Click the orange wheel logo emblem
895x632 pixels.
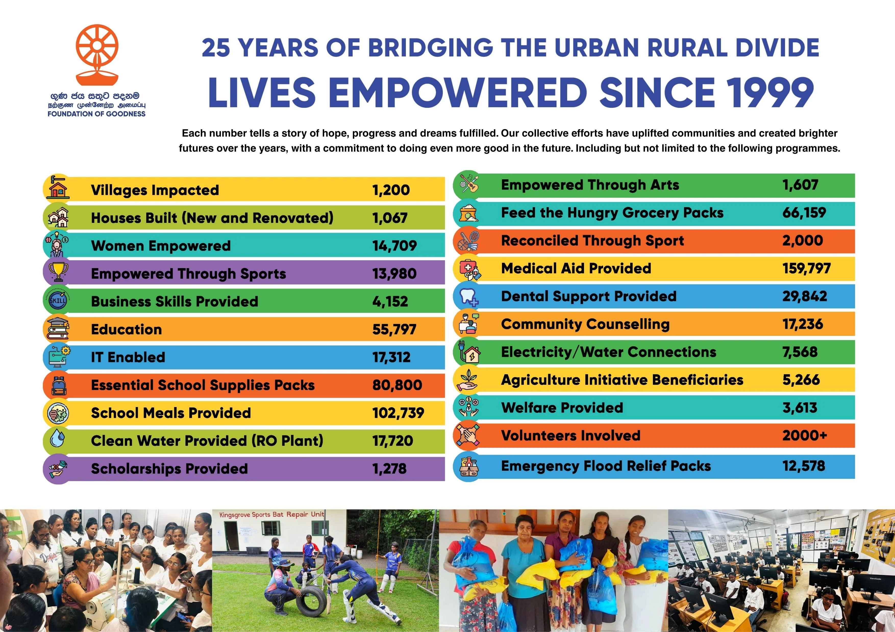tap(97, 55)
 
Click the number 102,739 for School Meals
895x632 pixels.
tap(398, 413)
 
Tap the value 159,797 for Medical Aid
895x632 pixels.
tap(806, 268)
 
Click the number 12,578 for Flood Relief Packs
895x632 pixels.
tap(804, 466)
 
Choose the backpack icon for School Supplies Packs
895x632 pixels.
tap(58, 386)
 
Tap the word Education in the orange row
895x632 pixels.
tap(126, 330)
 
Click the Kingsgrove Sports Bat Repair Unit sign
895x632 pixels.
tap(272, 515)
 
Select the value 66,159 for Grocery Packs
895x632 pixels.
tap(804, 213)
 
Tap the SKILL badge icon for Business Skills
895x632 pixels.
tap(58, 301)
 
